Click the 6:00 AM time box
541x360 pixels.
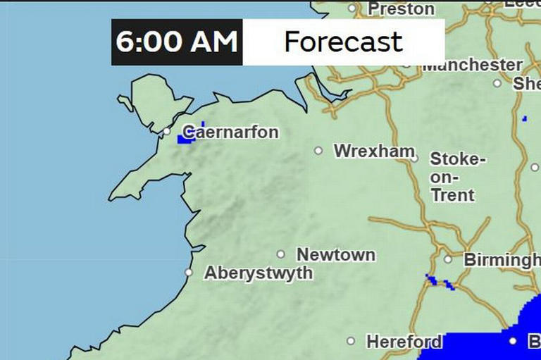point(177,42)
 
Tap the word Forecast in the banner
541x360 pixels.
point(343,42)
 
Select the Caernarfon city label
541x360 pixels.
point(231,132)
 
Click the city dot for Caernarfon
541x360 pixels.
point(167,131)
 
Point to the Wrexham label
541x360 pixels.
point(374,151)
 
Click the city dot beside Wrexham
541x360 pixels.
point(318,150)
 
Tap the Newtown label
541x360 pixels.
point(336,254)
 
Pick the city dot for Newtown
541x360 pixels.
point(280,254)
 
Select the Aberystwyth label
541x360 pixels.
point(259,273)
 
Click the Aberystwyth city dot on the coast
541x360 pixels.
point(188,272)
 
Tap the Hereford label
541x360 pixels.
point(404,342)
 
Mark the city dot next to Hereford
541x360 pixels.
point(351,341)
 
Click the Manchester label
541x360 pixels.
point(472,65)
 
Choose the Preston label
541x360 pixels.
point(402,9)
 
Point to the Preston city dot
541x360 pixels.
point(352,8)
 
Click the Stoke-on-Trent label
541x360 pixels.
point(457,177)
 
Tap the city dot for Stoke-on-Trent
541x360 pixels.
point(414,159)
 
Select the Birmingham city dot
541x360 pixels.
point(447,259)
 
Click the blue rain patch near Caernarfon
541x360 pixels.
point(186,139)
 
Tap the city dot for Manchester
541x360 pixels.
point(406,64)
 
